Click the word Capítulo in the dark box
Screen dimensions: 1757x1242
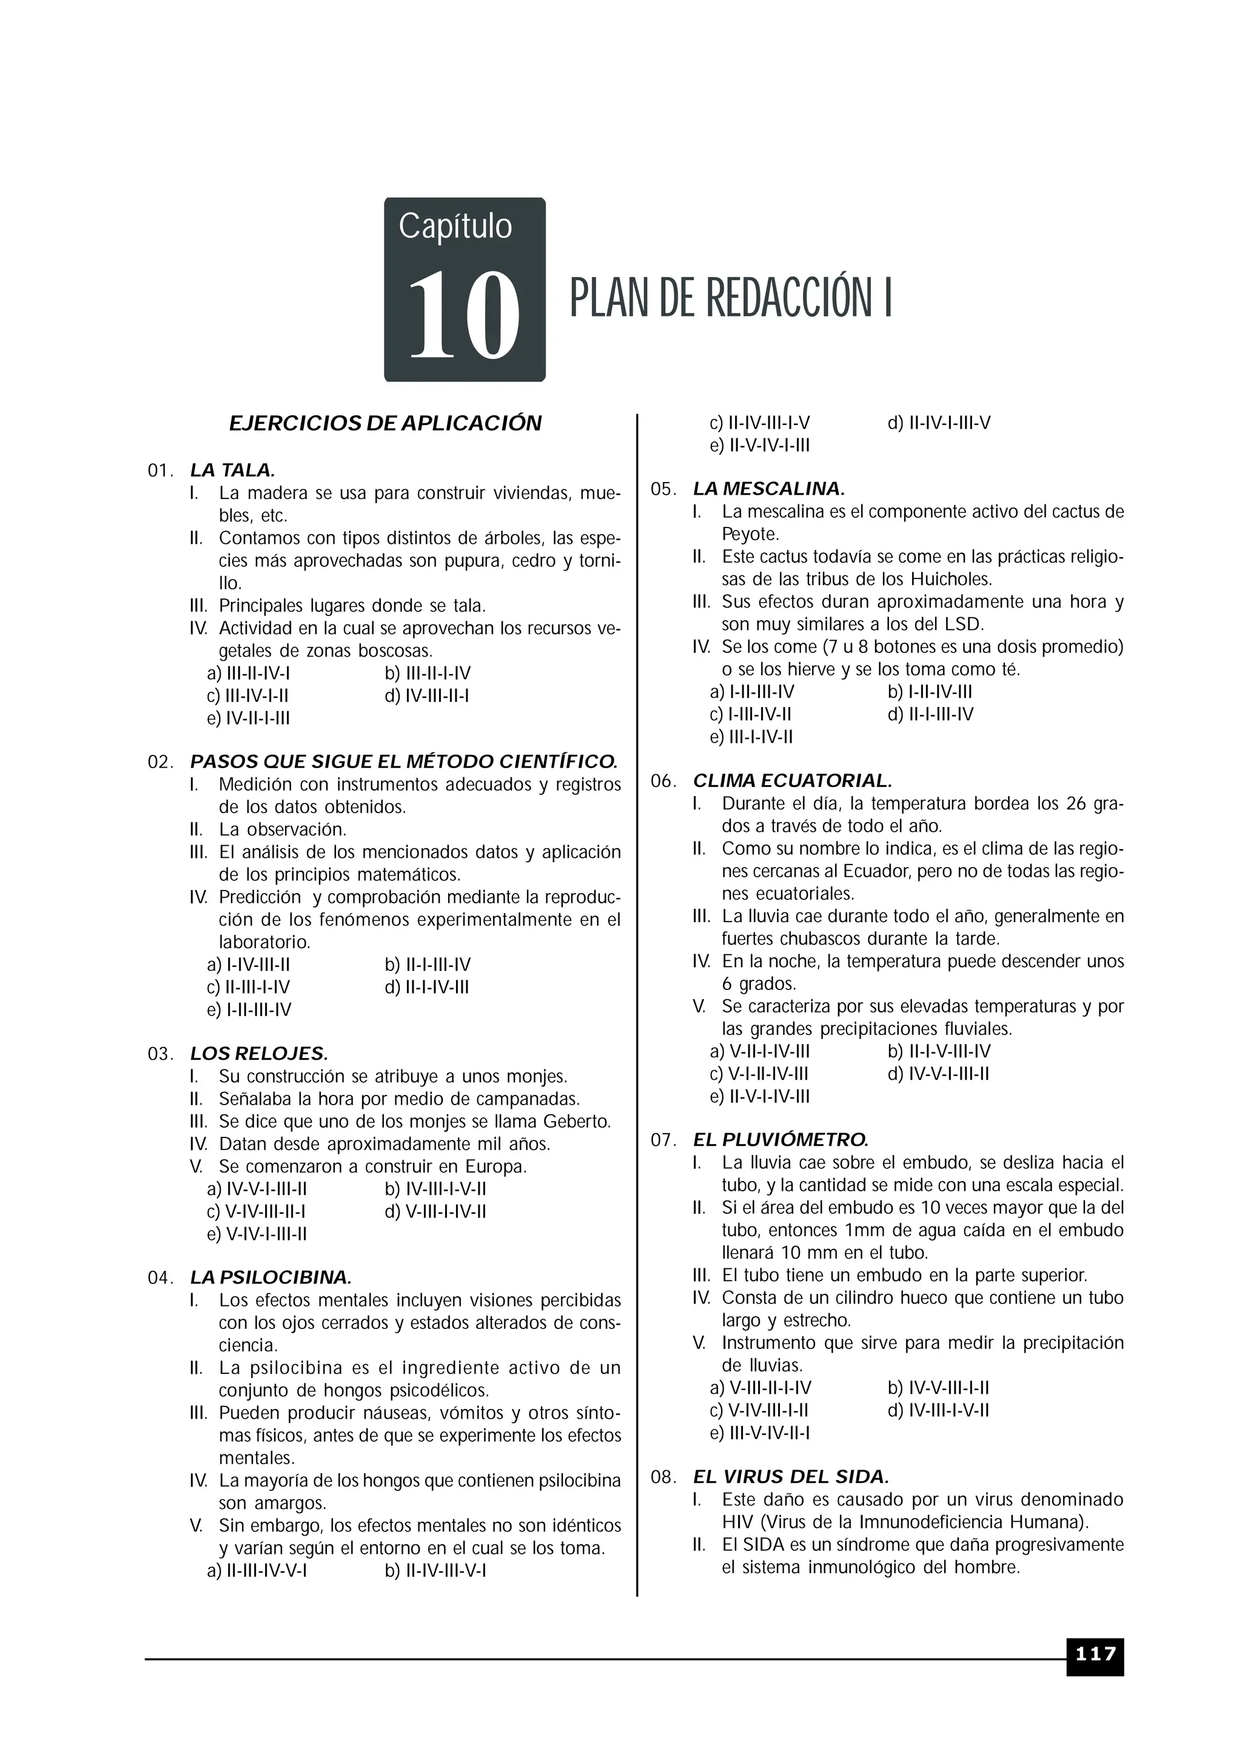pyautogui.click(x=455, y=227)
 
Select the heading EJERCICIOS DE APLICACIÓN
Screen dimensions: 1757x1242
pyautogui.click(x=385, y=423)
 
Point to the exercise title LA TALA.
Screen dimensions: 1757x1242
pyautogui.click(x=232, y=470)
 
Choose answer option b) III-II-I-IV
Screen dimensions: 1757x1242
pyautogui.click(x=428, y=674)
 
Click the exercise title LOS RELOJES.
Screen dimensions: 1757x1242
pyautogui.click(x=259, y=1054)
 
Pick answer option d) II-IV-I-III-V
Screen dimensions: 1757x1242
pyautogui.click(x=939, y=423)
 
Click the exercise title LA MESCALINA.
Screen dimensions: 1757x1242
pyautogui.click(x=768, y=488)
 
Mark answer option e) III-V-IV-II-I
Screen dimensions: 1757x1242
pyautogui.click(x=760, y=1433)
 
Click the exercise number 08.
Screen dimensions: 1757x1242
pyautogui.click(x=663, y=1478)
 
